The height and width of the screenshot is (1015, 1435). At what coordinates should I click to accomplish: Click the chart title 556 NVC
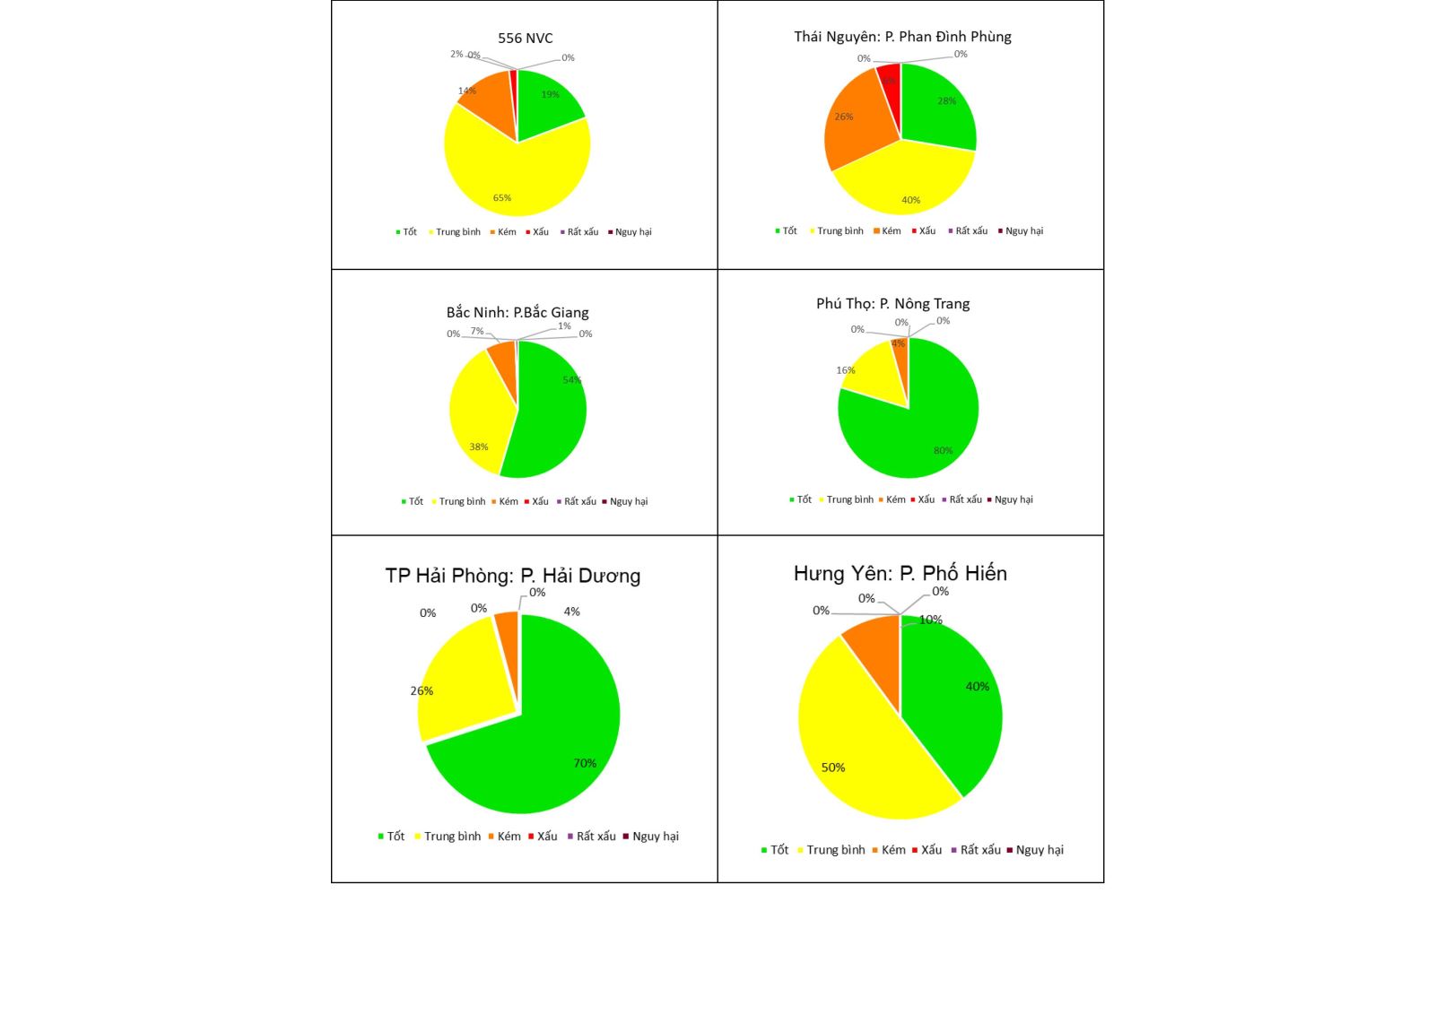click(526, 39)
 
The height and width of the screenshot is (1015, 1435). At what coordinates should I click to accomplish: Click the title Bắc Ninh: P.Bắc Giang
click(517, 313)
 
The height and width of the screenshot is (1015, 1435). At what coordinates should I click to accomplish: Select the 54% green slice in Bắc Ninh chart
click(547, 412)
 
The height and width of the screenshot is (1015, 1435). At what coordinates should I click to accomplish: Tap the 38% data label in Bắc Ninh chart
click(479, 447)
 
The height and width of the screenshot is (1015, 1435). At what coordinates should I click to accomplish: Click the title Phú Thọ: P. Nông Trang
click(892, 304)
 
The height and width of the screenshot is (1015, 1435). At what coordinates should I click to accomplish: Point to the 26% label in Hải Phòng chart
click(422, 691)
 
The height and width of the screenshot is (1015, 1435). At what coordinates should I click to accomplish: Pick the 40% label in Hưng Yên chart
click(977, 687)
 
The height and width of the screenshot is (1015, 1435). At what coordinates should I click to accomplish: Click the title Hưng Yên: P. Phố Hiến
click(900, 574)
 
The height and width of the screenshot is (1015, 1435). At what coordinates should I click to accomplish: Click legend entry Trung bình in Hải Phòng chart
click(451, 837)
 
